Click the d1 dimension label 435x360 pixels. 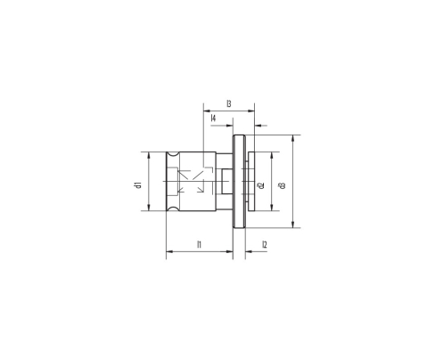[138, 184]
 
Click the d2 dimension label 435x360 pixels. [260, 185]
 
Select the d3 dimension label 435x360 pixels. [283, 184]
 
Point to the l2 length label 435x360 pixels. [265, 244]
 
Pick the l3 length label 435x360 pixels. [229, 105]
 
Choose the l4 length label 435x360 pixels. [214, 119]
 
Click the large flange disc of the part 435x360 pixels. [238, 183]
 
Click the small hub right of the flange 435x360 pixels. [253, 183]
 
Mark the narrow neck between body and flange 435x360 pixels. [227, 183]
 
